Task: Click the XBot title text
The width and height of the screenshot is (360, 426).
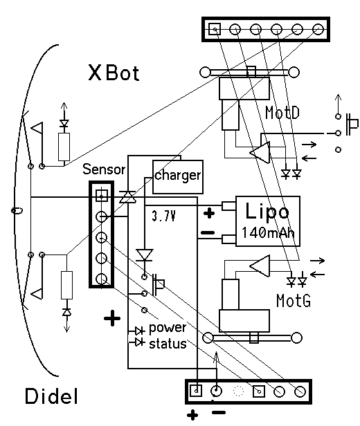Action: (x=114, y=73)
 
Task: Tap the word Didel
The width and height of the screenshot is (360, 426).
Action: (x=51, y=396)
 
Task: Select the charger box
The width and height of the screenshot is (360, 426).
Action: (x=178, y=176)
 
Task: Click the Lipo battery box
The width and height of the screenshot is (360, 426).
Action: (x=268, y=221)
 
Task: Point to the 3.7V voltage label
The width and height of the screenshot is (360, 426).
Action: (x=163, y=216)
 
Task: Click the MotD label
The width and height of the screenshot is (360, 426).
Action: (x=282, y=113)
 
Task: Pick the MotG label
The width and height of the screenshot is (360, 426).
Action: (x=294, y=301)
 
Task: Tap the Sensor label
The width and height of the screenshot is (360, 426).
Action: (x=104, y=169)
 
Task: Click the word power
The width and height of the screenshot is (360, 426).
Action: (x=168, y=328)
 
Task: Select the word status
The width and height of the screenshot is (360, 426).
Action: (x=168, y=344)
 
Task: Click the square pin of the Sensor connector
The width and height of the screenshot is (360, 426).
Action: (x=102, y=196)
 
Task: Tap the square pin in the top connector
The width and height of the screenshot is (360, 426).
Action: (x=215, y=29)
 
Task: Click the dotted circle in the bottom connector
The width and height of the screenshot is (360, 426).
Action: (x=238, y=391)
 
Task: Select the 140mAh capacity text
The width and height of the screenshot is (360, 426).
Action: (x=268, y=233)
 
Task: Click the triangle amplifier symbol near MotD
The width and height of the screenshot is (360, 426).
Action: (x=260, y=152)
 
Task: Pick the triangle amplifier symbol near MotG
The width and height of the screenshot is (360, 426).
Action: (x=260, y=266)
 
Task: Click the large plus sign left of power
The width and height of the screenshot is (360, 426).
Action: (x=112, y=318)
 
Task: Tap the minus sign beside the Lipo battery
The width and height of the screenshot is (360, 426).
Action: (x=208, y=232)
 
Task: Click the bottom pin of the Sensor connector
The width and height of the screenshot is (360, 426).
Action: (x=101, y=279)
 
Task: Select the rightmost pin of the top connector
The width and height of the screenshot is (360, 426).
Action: (x=318, y=29)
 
